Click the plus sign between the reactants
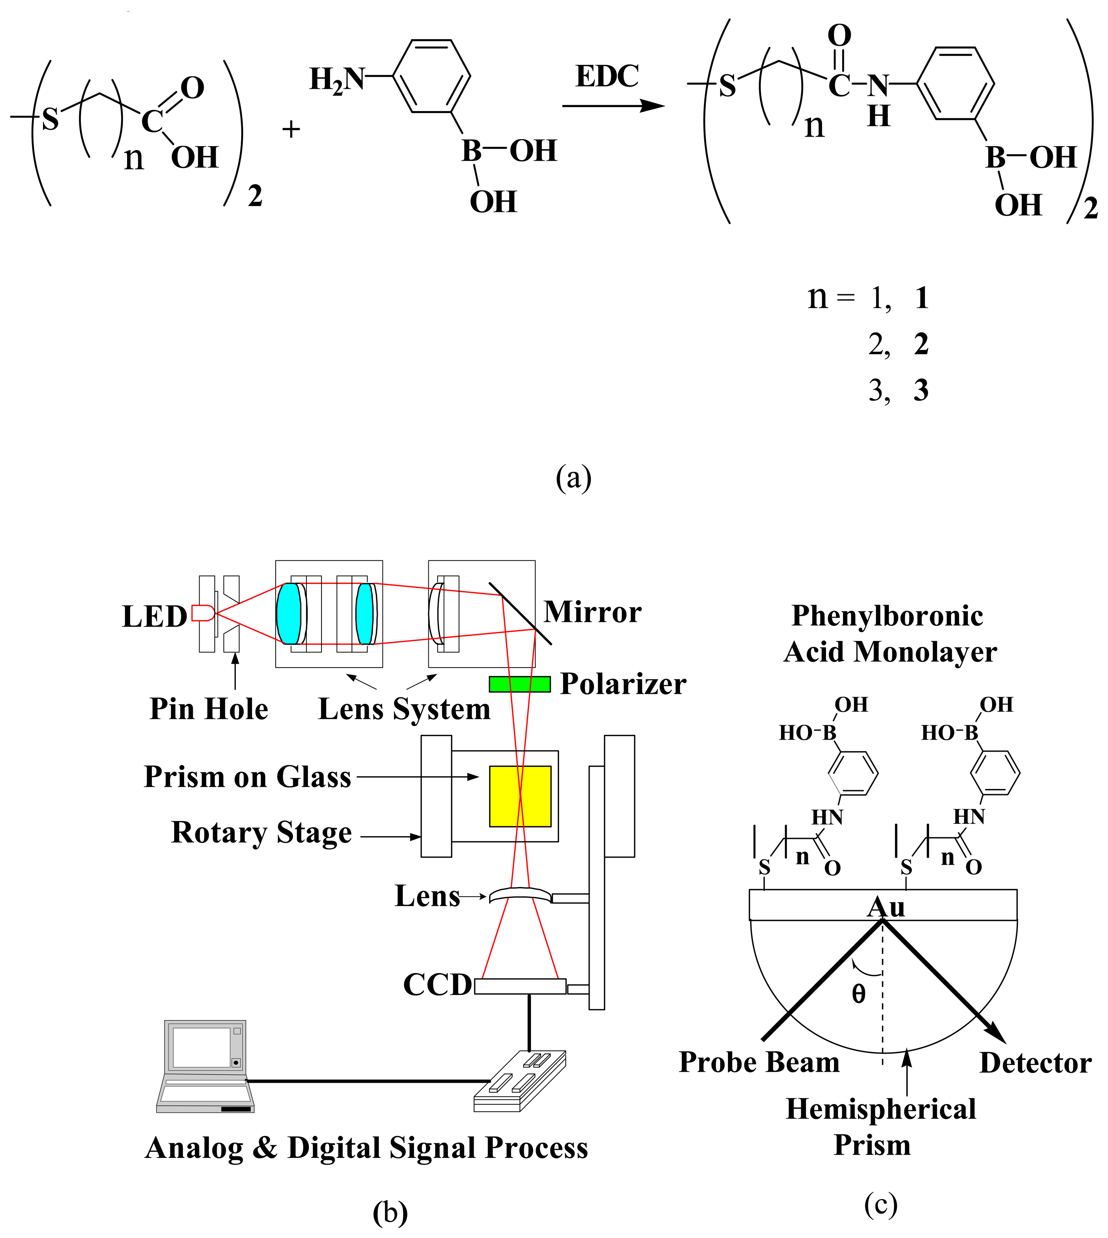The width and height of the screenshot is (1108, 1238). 291,129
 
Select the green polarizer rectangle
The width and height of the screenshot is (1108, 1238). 519,684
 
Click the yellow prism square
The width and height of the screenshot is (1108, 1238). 520,796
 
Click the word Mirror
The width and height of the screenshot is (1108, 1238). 592,612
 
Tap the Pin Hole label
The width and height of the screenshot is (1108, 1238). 209,709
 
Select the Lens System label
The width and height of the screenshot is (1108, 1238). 404,709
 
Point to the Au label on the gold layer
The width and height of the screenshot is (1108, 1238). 886,907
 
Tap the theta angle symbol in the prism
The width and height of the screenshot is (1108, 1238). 859,994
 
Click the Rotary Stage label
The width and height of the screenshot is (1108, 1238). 262,833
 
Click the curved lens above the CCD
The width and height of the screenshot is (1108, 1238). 520,895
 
